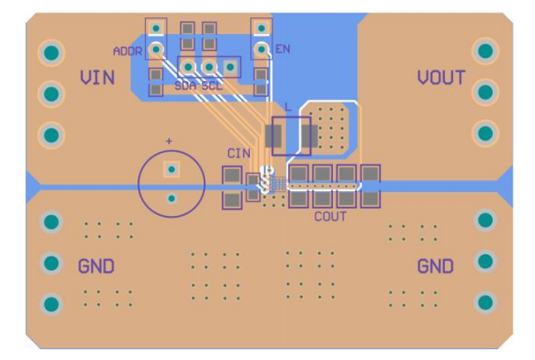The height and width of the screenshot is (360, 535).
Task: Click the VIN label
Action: pos(97,79)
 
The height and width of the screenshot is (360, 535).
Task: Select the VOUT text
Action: pos(441,79)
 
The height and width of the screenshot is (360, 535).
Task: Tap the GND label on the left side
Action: pos(96,266)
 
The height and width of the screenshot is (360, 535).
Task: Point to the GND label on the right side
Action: pos(435,266)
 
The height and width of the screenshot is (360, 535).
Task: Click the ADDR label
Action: pos(128,51)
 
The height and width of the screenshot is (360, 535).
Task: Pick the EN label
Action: pos(282,50)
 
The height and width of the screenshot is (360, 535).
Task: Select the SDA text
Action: pos(186,85)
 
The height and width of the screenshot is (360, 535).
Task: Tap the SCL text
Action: pos(212,85)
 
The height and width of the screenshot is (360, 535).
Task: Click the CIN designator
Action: pos(239,153)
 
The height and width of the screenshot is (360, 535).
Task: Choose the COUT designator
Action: pos(330,217)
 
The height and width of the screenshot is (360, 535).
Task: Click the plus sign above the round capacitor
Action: pos(169,142)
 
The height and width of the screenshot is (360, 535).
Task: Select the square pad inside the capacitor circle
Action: pos(171,170)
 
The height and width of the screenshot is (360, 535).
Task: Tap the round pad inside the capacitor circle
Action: pos(171,198)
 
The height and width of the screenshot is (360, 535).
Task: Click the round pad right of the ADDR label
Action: pos(155,50)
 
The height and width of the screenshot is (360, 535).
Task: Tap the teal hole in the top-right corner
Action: pos(485,51)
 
